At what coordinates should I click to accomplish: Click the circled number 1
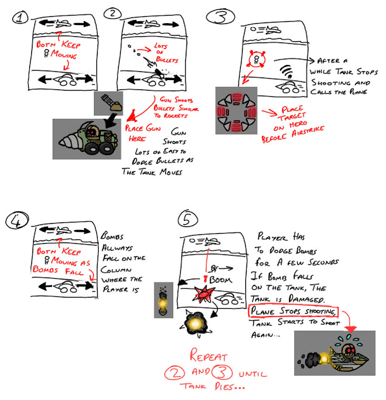click(20, 18)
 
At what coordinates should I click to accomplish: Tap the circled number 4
click(17, 220)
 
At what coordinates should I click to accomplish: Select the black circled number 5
click(188, 219)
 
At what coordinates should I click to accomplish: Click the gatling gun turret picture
click(108, 103)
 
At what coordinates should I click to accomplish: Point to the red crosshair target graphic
click(236, 111)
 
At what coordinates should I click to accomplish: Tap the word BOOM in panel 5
click(221, 280)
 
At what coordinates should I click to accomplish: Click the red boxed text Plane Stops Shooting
click(293, 311)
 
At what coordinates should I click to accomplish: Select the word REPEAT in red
click(208, 355)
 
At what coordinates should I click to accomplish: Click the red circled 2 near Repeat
click(175, 373)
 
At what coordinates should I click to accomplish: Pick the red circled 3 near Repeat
click(222, 372)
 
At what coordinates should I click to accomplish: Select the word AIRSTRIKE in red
click(308, 131)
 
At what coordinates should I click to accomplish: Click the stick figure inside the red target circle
click(256, 60)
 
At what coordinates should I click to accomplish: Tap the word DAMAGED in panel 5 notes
click(307, 299)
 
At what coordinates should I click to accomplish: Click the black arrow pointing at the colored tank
click(111, 121)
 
